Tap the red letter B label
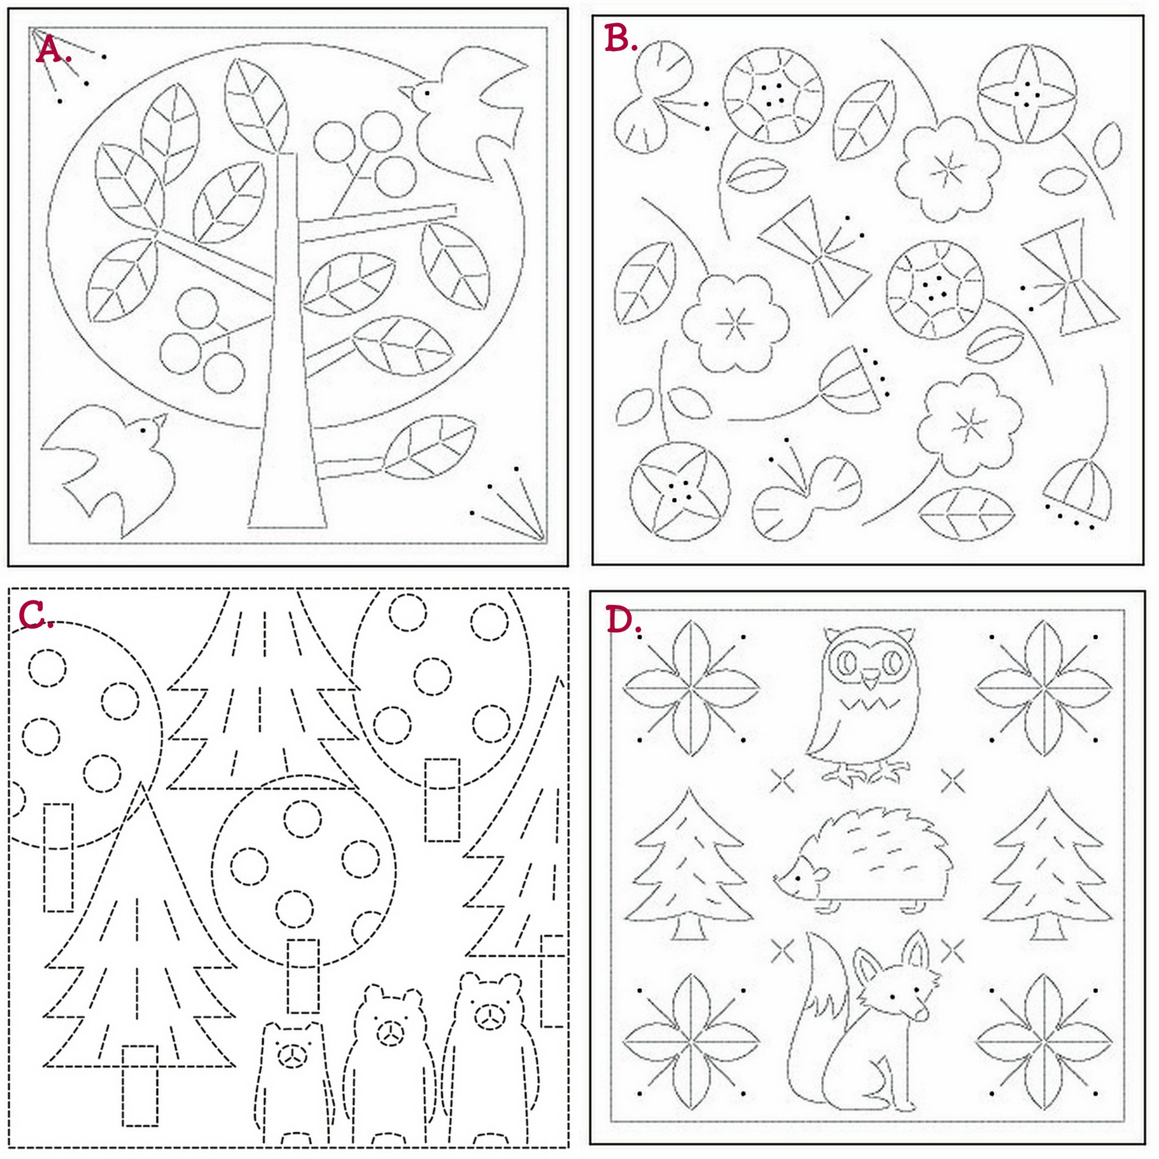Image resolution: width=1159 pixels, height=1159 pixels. click(x=620, y=38)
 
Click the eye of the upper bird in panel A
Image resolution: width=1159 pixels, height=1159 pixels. click(x=427, y=93)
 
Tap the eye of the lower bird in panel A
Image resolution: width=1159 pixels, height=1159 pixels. click(x=143, y=429)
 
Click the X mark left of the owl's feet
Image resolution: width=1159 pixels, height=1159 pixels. click(x=782, y=781)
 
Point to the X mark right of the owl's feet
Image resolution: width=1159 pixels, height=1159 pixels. click(x=953, y=781)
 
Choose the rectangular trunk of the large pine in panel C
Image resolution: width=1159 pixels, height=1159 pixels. click(x=140, y=1085)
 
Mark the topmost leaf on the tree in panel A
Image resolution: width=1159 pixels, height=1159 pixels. click(x=254, y=104)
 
